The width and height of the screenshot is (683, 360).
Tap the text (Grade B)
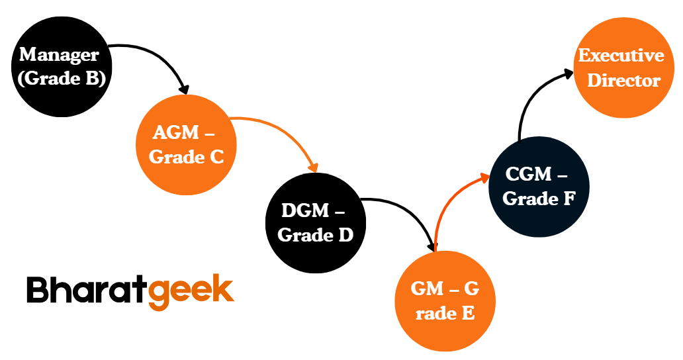[62, 78]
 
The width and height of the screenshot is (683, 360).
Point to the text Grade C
[186, 157]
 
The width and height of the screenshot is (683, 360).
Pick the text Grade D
[315, 235]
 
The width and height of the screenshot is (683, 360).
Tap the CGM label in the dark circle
[528, 175]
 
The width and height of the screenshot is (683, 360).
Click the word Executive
[621, 56]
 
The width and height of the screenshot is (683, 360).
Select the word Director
[624, 81]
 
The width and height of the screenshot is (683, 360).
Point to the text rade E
[445, 313]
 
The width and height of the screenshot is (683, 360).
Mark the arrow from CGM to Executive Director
[529, 99]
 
